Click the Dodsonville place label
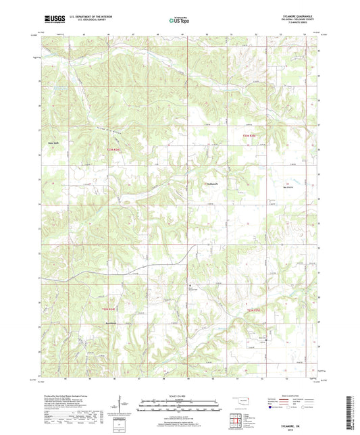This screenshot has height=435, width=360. click(x=211, y=183)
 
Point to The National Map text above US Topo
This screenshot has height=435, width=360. click(x=178, y=17)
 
